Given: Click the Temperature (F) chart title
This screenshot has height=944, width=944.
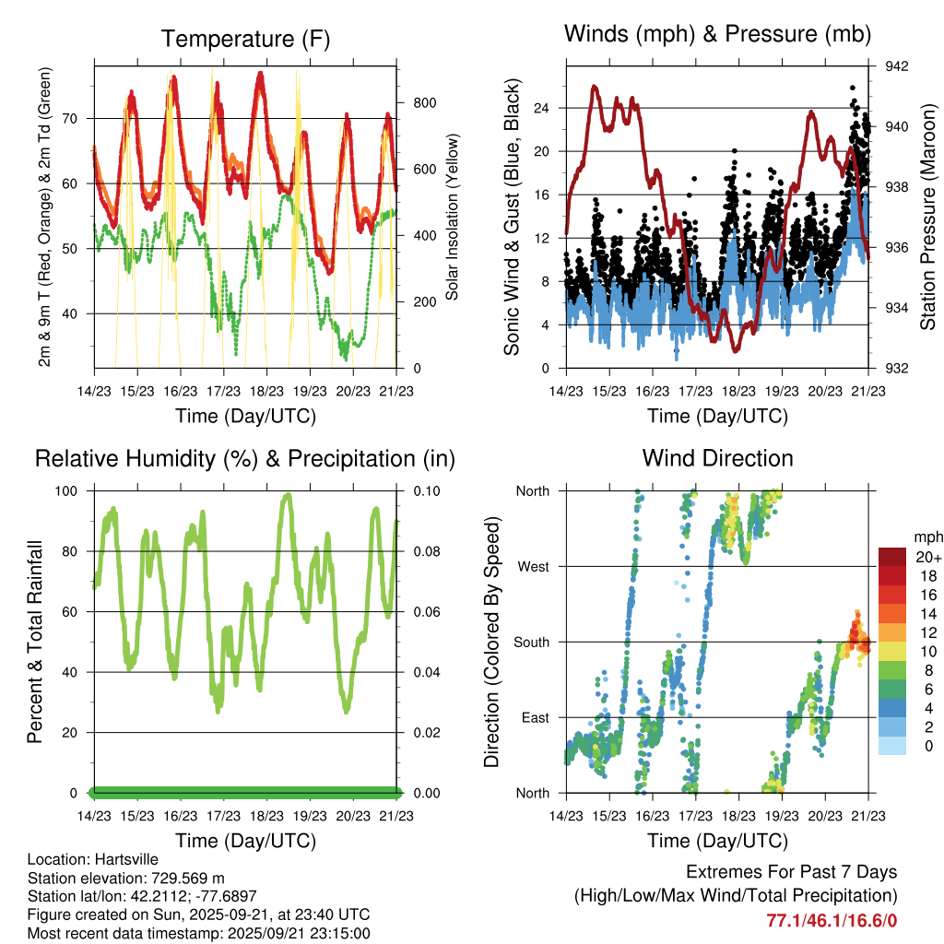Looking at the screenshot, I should [x=245, y=39].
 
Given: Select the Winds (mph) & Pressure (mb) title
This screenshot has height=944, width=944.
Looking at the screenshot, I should [x=717, y=35].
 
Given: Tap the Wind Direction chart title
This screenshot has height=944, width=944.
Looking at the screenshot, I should [x=717, y=458].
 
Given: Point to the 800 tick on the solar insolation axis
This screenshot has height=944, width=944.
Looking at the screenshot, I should [x=411, y=103].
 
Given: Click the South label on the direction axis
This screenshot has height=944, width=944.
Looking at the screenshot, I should [x=531, y=642].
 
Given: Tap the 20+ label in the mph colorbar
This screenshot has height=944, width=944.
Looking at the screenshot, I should [x=927, y=557].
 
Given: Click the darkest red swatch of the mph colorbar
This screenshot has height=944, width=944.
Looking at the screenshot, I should [x=892, y=557].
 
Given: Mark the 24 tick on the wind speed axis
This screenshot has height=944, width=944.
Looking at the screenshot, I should [x=542, y=108].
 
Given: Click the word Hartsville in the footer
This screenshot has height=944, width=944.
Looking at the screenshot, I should [x=120, y=859].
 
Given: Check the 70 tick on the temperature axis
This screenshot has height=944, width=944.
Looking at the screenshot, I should [x=80, y=118].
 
